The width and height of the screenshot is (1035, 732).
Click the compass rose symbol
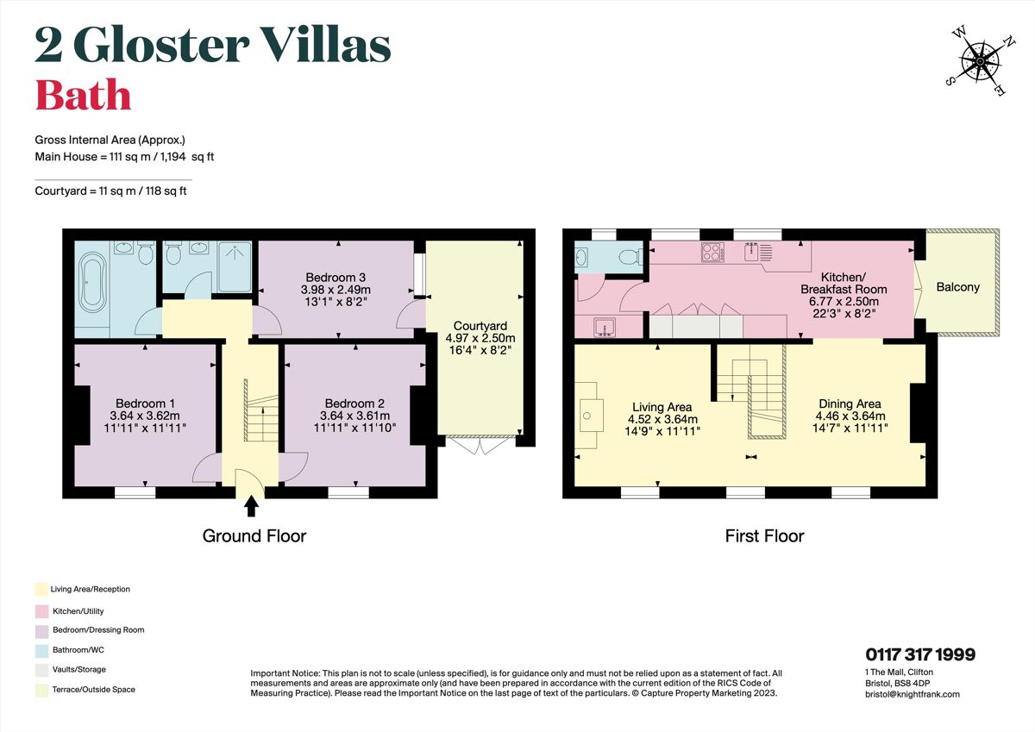tap(980, 61)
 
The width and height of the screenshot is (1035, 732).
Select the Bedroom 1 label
tap(146, 404)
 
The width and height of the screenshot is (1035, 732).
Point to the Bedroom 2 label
tap(354, 404)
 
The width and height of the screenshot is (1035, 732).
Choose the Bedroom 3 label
tap(336, 277)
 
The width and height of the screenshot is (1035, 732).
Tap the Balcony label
tap(957, 287)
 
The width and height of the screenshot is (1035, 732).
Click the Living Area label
tap(662, 407)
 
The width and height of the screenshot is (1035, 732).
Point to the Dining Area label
tap(849, 404)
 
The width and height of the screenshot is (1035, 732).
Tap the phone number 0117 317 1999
tap(920, 655)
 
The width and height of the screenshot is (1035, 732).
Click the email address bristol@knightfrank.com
tap(913, 694)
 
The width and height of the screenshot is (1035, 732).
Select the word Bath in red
tap(83, 95)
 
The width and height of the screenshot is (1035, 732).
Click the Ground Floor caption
tap(254, 536)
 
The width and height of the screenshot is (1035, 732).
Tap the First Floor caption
tap(764, 536)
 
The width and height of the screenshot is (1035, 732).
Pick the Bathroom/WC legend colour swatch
tap(41, 650)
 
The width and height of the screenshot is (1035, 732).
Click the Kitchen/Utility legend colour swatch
tap(41, 611)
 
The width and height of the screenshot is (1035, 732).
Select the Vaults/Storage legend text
tap(79, 669)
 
